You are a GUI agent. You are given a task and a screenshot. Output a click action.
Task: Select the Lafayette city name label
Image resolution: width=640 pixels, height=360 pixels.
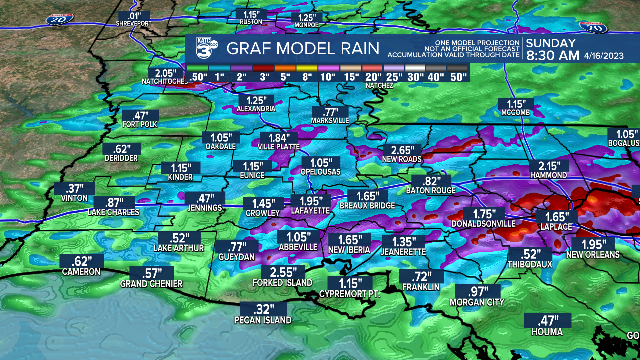pos(310,211)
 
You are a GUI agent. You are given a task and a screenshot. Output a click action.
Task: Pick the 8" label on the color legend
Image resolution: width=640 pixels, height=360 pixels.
pos(306,77)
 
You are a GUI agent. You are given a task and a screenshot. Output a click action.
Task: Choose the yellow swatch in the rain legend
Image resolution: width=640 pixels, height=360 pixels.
pos(306,67)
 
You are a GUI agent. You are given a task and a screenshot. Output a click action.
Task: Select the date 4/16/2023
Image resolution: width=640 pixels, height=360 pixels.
pos(604,56)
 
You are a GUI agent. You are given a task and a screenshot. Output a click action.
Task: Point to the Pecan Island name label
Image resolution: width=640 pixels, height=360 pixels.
pos(263,320)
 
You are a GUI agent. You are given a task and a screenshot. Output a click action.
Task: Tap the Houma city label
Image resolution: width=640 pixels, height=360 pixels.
pos(547,332)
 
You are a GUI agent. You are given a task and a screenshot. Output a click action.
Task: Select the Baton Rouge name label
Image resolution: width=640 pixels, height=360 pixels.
pos(431,190)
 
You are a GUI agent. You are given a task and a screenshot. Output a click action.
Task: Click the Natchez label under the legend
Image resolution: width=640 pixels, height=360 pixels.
pos(379,86)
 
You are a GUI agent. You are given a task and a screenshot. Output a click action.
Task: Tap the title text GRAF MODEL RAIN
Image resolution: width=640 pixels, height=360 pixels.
pos(303,49)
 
